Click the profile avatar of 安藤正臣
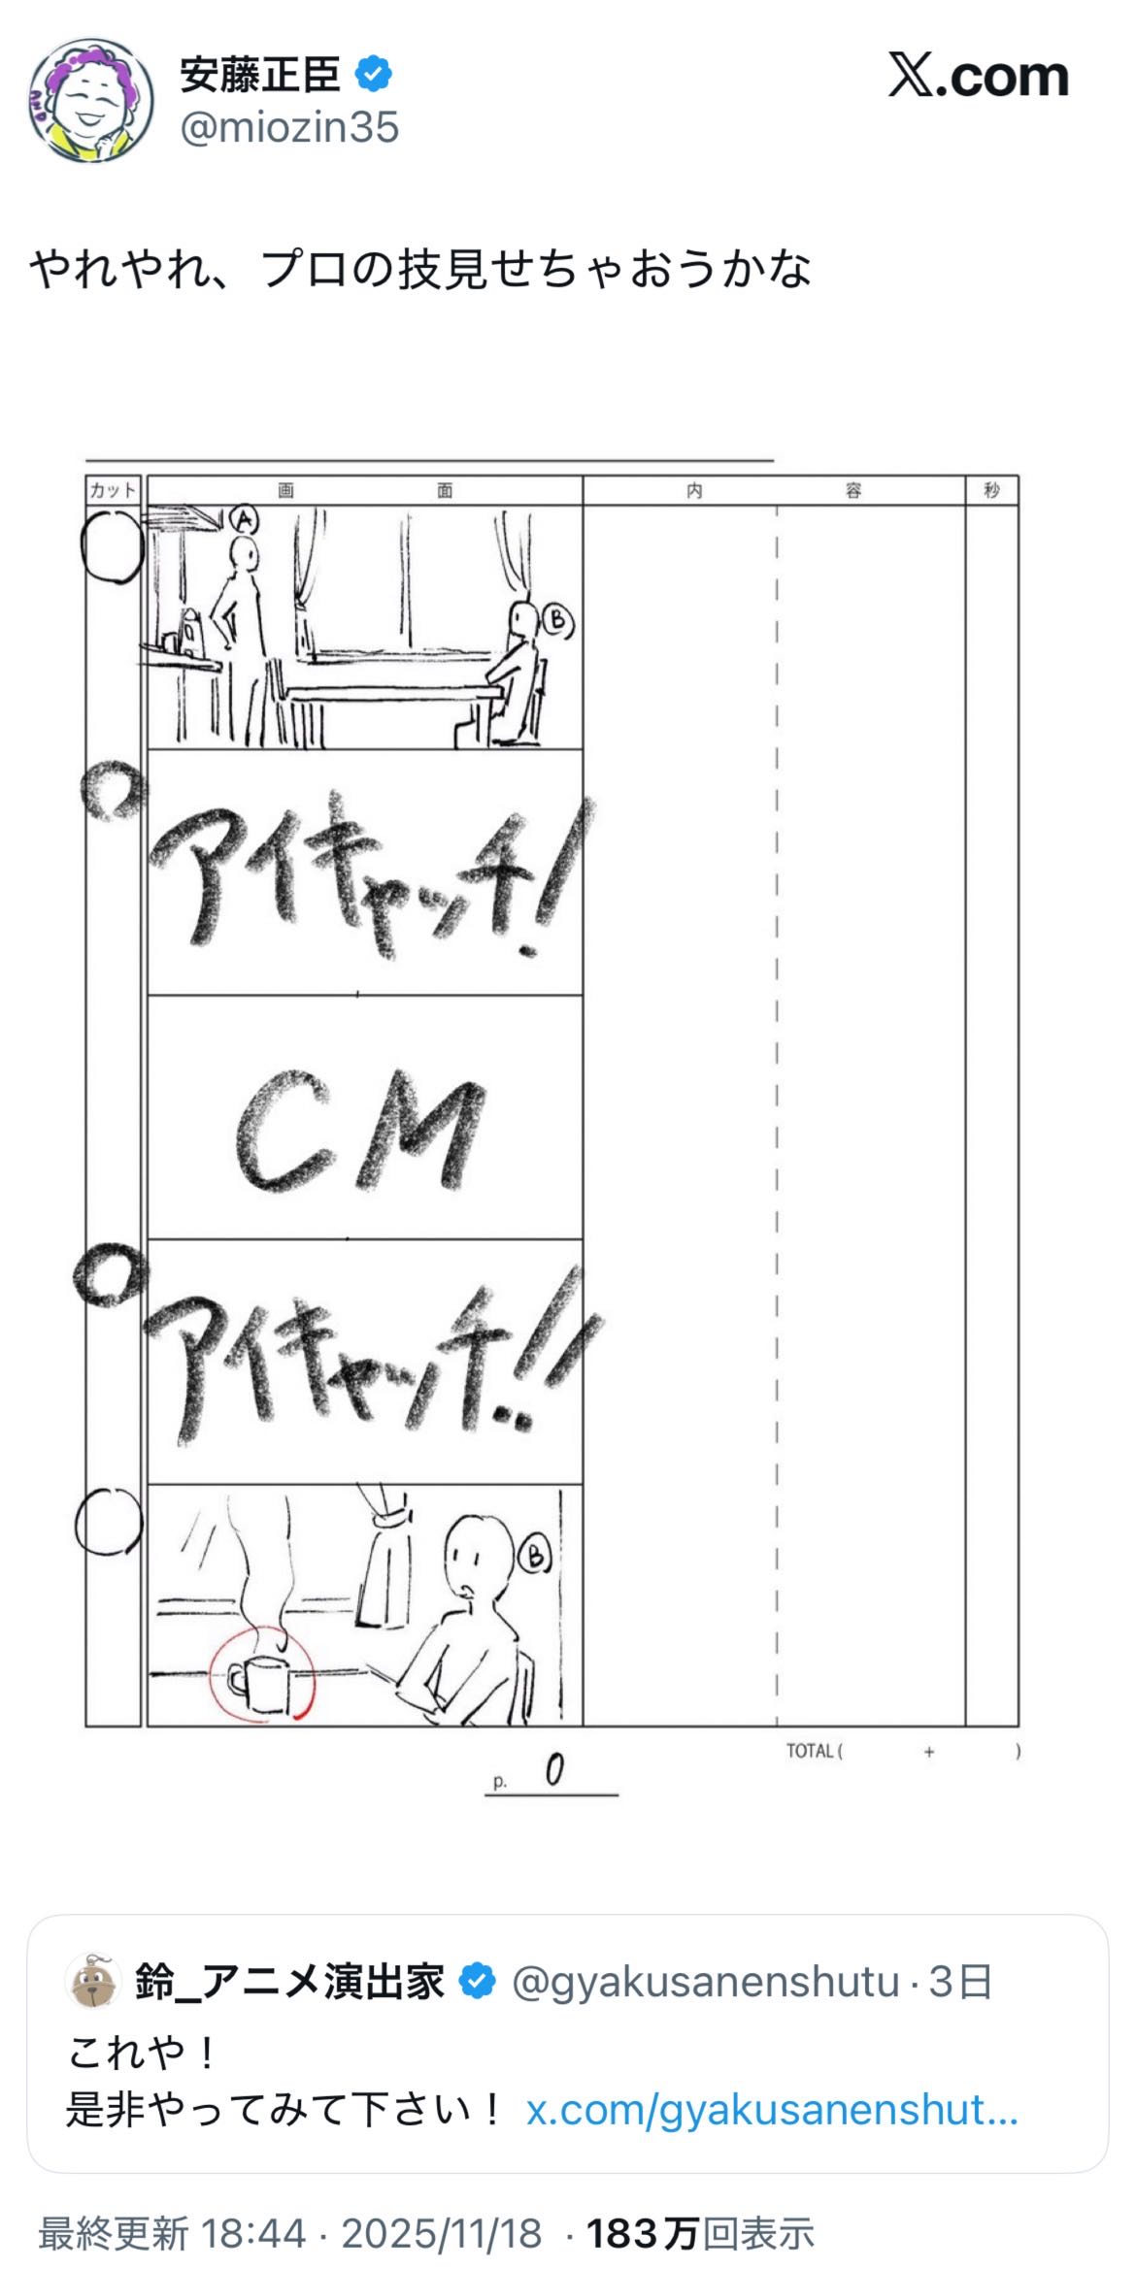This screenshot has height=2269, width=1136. tap(91, 100)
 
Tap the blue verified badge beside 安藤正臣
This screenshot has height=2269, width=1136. tap(374, 74)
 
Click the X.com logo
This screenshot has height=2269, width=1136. tap(978, 76)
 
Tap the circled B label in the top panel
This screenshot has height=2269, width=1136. tap(557, 620)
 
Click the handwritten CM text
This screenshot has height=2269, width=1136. tap(359, 1132)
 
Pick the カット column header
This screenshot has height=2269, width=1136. tap(113, 490)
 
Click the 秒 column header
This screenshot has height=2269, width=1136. tap(991, 490)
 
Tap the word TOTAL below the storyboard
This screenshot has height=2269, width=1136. tap(810, 1751)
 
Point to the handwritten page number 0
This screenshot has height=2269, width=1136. tap(553, 1771)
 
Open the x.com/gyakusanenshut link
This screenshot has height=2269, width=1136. tap(772, 2110)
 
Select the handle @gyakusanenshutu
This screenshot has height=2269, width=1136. tap(705, 1981)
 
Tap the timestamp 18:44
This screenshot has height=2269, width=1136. tap(253, 2233)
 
